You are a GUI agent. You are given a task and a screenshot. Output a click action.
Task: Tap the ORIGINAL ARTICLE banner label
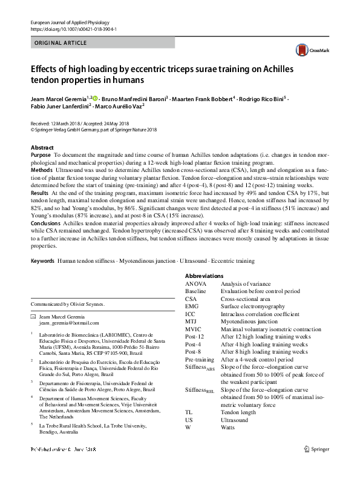[59, 43]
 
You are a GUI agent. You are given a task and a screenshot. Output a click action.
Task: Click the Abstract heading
[42, 148]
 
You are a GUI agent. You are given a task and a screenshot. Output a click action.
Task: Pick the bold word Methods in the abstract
[41, 170]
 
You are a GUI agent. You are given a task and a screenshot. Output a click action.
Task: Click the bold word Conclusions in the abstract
[46, 222]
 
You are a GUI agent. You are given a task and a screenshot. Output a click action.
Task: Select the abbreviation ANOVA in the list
[196, 283]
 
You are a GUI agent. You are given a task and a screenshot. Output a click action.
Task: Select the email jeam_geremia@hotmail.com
[70, 324]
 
